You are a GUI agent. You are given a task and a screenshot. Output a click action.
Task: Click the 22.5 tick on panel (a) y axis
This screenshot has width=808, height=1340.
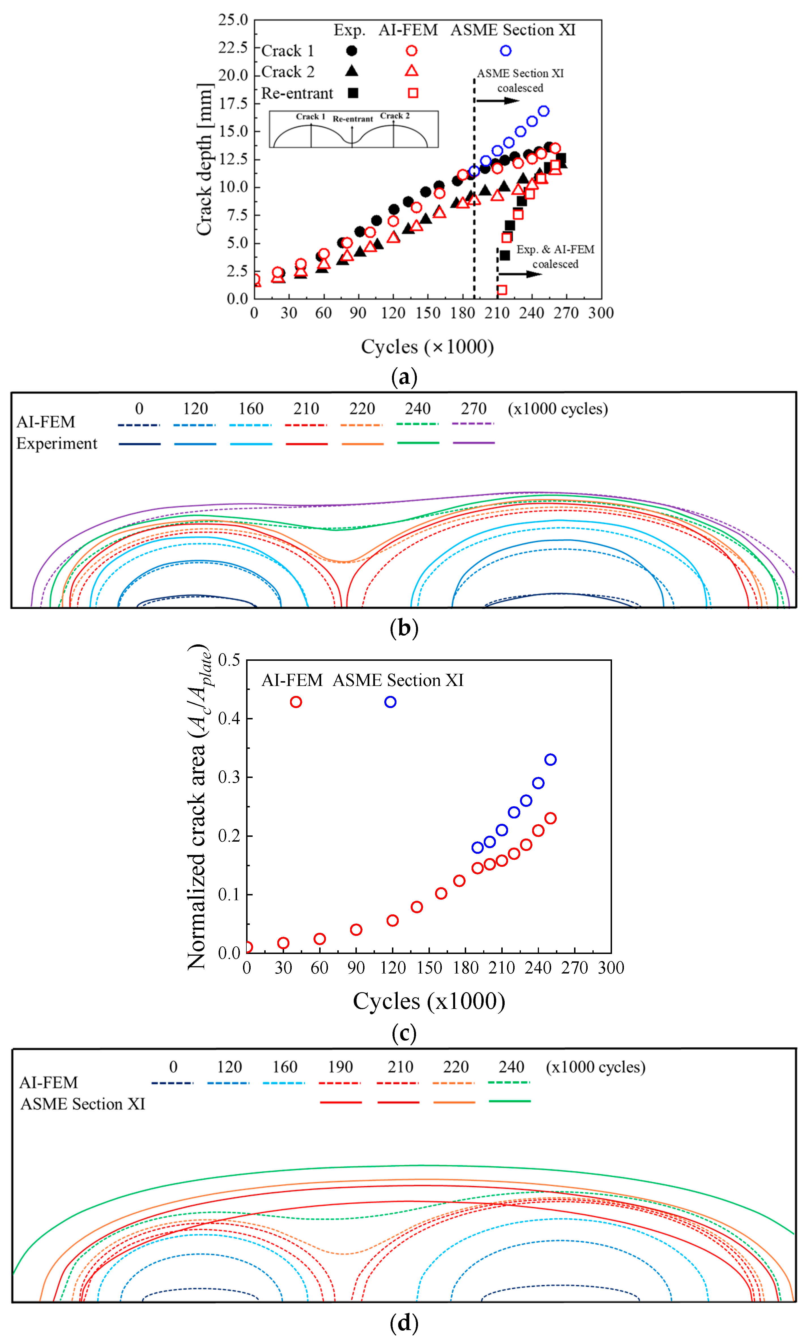(233, 48)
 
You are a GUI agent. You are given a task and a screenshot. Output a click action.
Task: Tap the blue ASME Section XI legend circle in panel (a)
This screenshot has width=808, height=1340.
(506, 51)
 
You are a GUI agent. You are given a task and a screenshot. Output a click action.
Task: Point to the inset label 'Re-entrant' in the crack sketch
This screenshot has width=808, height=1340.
(353, 119)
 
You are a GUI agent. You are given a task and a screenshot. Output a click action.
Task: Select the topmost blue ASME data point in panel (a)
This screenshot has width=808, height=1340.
(543, 111)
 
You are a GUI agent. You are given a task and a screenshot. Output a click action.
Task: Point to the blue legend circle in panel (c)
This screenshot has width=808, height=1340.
(390, 702)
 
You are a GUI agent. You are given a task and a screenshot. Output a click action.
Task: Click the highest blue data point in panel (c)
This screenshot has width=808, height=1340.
(550, 760)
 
